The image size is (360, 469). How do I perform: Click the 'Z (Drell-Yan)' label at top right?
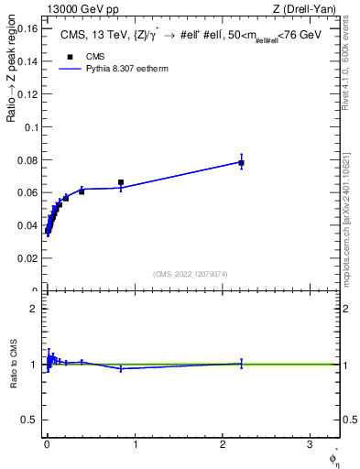pos(309,9)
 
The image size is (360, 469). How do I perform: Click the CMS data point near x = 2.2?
pos(241,163)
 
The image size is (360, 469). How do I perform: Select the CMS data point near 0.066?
pos(121,182)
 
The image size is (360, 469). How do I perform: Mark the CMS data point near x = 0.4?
pos(82,191)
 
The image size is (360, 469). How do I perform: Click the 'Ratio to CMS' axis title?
pos(14,365)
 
